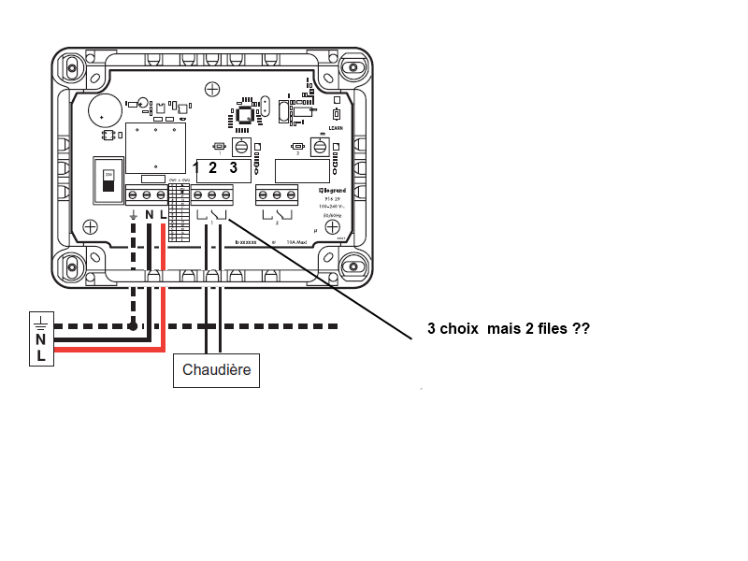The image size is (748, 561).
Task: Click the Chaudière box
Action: click(217, 369)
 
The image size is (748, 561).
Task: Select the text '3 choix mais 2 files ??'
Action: click(508, 330)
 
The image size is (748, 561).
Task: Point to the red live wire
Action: click(164, 280)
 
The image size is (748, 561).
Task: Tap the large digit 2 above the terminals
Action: click(213, 168)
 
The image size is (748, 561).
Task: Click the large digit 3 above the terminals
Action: click(234, 168)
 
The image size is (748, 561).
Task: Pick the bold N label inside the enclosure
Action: click(150, 215)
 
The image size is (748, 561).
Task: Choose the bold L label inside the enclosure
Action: click(164, 215)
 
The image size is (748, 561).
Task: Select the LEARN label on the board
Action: click(338, 129)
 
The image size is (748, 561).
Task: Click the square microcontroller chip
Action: click(245, 116)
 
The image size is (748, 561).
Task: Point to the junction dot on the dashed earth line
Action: click(134, 326)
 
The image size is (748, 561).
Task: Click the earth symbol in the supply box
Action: click(41, 324)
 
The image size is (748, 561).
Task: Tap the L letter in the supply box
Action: click(41, 356)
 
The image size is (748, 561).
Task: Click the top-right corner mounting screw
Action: click(352, 67)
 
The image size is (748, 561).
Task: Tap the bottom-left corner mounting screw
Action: click(73, 266)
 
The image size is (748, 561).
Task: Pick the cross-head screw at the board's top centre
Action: click(212, 89)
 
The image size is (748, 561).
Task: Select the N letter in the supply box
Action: click(41, 340)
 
